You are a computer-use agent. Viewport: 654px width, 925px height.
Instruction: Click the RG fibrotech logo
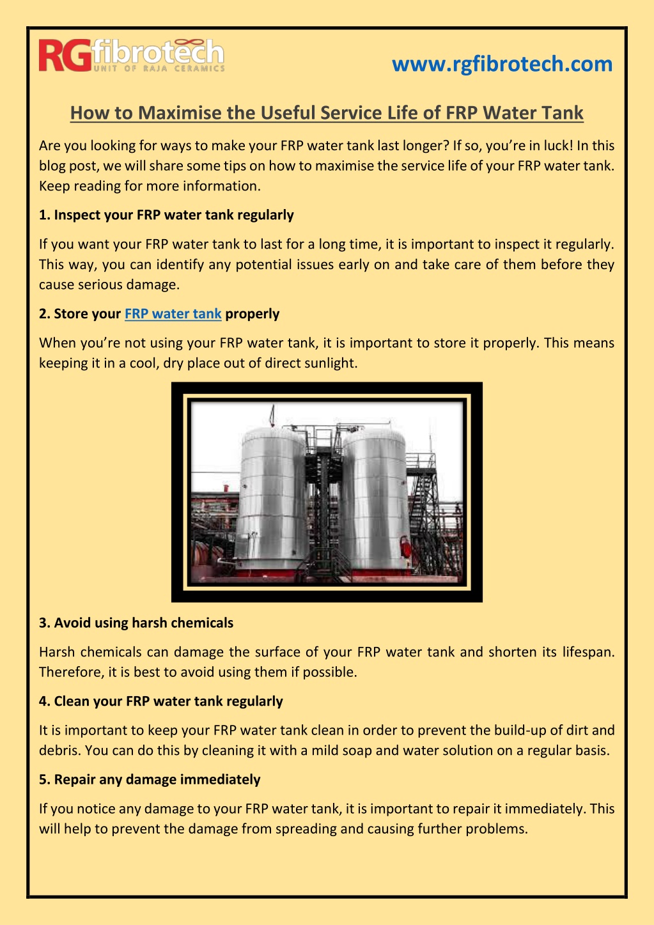[x=132, y=56]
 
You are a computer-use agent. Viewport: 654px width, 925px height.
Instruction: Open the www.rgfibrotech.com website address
[x=502, y=64]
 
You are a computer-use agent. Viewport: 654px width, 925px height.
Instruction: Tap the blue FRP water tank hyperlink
[x=173, y=314]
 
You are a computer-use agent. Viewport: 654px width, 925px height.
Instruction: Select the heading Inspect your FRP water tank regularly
[x=166, y=215]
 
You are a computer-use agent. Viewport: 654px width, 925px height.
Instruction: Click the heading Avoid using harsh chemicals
[x=136, y=623]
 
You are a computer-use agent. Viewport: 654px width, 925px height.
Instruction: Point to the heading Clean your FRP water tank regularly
[x=161, y=701]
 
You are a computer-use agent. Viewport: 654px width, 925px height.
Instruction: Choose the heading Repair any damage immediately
[x=150, y=779]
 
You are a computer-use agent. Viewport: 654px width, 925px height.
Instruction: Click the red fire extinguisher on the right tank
[x=405, y=547]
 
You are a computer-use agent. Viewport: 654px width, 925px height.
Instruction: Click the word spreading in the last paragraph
[x=307, y=828]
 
